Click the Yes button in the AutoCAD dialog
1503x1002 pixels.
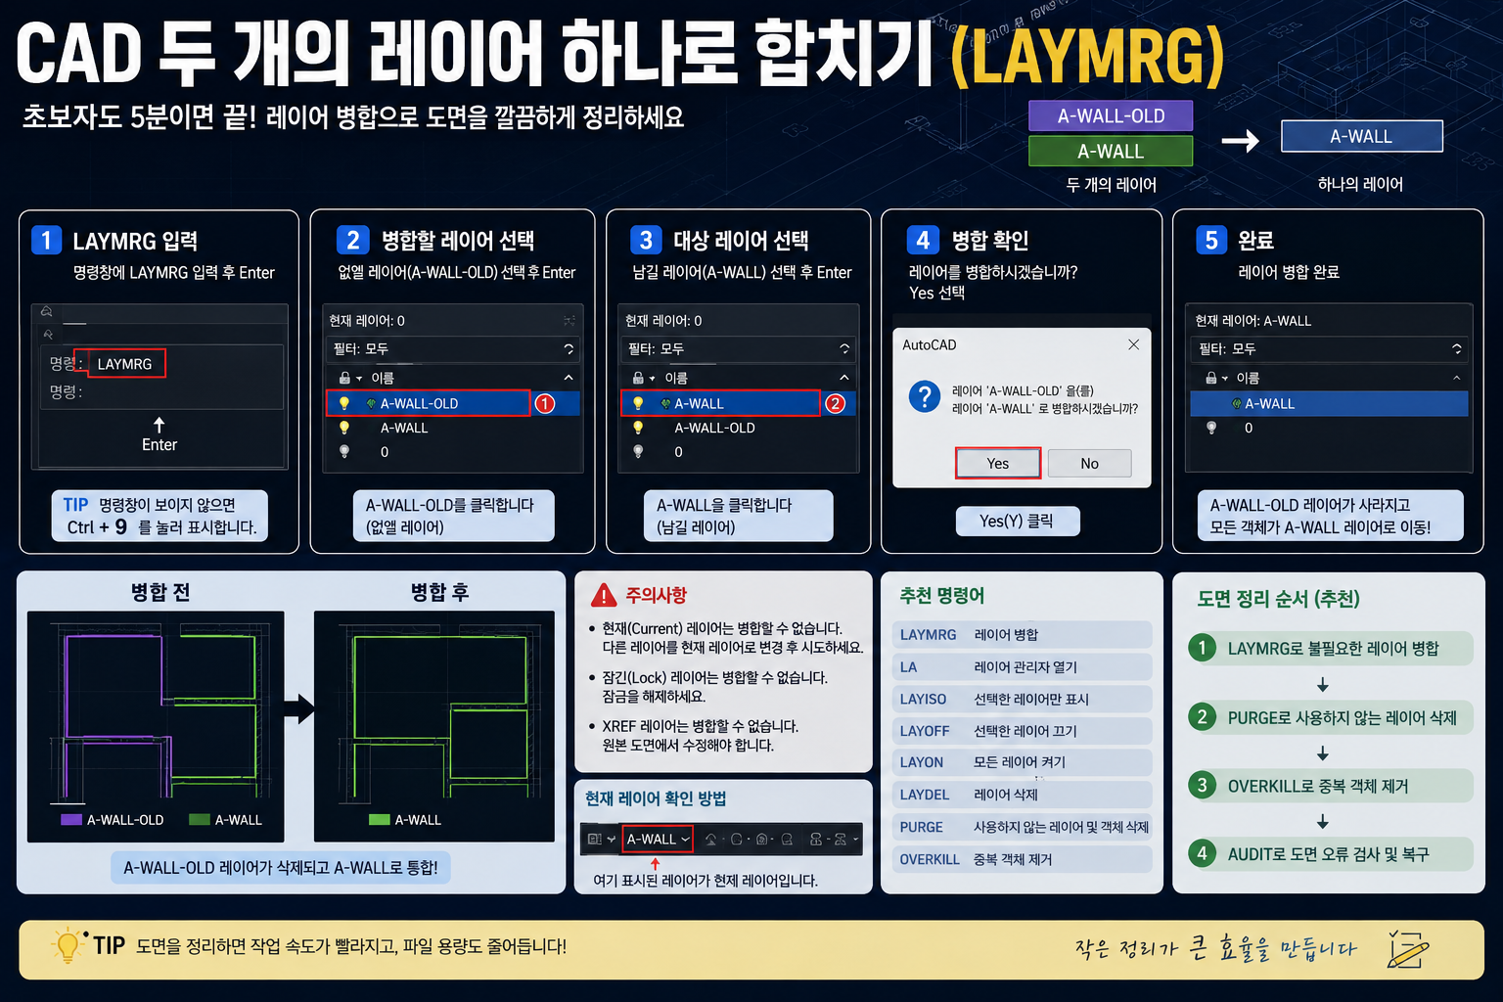998,463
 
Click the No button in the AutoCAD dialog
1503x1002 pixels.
1089,463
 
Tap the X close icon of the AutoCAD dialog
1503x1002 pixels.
1133,344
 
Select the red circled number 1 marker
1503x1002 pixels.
545,403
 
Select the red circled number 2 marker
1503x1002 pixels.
835,403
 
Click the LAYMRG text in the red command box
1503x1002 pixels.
125,364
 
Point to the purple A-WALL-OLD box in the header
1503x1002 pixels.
1111,115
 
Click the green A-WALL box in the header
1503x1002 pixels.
1111,151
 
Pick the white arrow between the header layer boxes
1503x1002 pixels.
1240,140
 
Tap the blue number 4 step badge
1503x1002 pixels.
923,240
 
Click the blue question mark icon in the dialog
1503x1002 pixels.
924,396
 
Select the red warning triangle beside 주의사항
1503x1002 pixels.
603,595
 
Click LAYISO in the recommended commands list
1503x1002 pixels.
923,699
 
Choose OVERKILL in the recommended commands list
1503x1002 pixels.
930,859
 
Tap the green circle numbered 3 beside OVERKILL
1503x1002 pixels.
1202,785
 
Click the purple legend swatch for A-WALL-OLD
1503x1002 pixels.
71,819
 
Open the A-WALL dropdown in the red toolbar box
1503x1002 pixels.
658,839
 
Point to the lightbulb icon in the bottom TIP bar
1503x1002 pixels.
68,945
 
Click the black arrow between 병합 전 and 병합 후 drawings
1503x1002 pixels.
299,708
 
